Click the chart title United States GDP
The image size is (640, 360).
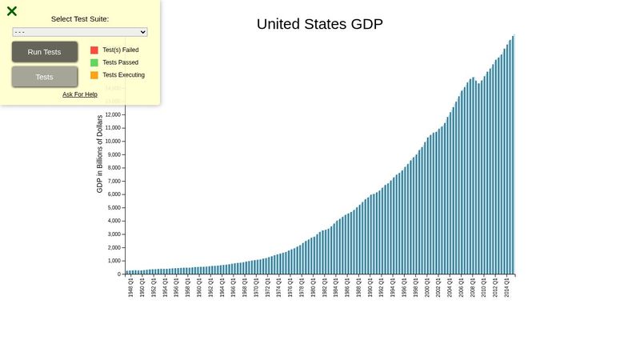319,24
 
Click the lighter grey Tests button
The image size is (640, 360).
45,77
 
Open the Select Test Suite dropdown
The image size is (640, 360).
80,32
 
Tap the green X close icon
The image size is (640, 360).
12,11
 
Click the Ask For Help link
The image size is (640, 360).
80,94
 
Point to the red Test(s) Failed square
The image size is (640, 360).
94,50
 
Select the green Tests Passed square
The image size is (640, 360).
94,62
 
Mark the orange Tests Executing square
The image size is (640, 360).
94,75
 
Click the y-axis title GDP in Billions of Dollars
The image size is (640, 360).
100,154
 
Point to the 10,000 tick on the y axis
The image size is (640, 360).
112,141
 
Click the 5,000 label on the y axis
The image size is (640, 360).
114,207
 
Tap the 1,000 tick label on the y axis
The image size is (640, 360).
114,261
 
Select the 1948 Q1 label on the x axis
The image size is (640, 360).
130,288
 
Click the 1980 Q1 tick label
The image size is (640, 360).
313,288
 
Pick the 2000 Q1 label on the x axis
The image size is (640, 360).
426,288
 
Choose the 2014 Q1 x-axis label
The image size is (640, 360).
506,288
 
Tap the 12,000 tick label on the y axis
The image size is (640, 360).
112,114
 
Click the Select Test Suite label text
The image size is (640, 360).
80,18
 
